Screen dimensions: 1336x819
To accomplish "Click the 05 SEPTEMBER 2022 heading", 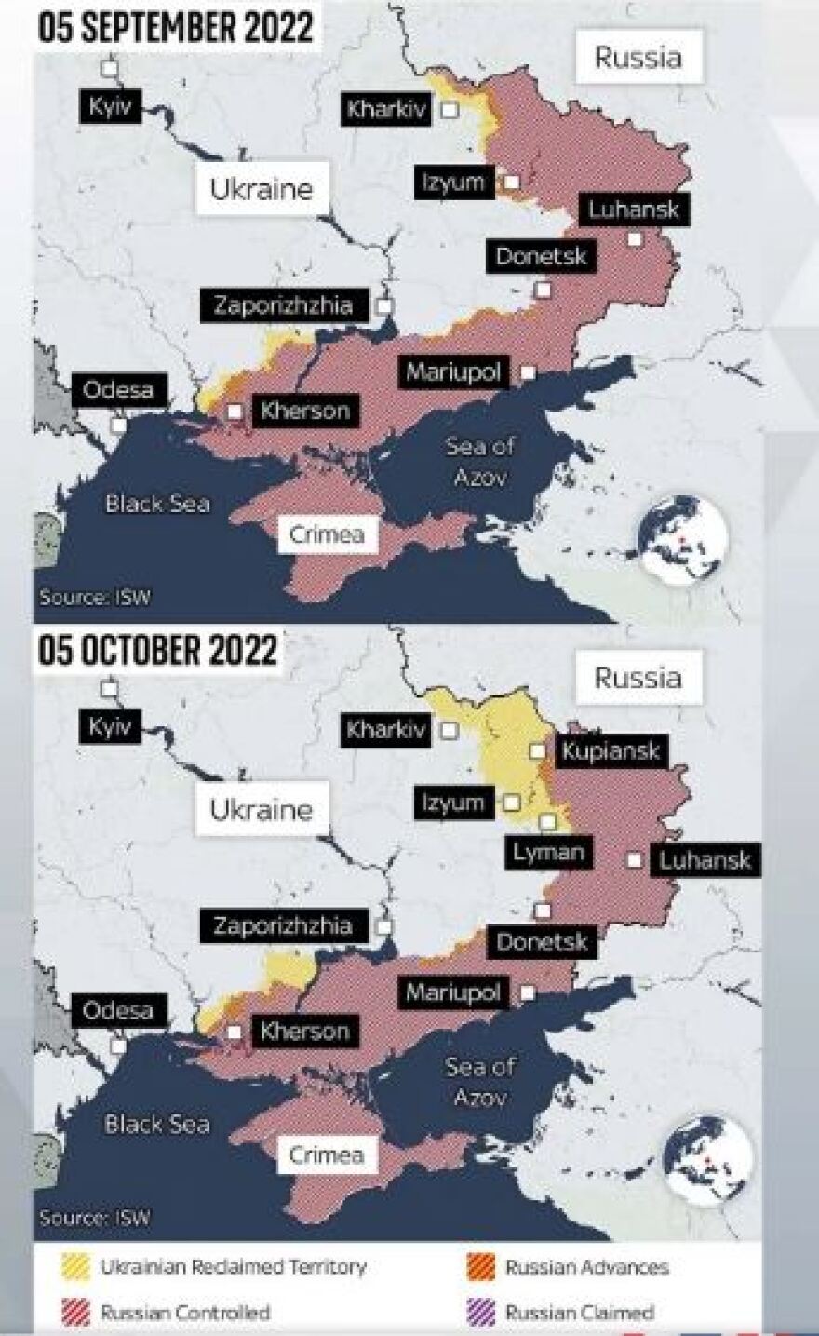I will click(x=176, y=27).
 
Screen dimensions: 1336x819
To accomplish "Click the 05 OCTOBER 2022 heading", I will click(x=158, y=650).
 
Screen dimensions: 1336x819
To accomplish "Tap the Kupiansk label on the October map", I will click(x=610, y=750).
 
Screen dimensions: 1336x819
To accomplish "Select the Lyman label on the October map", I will click(x=548, y=852).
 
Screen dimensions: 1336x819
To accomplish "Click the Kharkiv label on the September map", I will click(x=386, y=109).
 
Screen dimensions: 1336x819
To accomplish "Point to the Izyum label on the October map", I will click(x=453, y=803).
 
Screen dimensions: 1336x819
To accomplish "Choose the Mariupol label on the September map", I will click(x=453, y=372).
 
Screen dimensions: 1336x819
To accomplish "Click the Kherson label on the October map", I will click(x=304, y=1031).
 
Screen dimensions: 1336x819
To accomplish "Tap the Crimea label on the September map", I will click(x=326, y=534).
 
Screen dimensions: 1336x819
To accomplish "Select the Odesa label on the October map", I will click(x=118, y=1010).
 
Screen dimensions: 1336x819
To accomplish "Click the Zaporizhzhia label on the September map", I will click(x=283, y=305).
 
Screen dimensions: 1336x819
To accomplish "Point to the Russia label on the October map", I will click(x=638, y=677).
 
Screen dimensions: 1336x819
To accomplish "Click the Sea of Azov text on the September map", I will click(x=479, y=461).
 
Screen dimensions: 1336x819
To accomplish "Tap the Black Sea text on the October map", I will click(x=157, y=1124).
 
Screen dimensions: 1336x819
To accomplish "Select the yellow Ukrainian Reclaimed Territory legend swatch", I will click(x=75, y=1267).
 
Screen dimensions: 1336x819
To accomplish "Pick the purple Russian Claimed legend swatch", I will click(x=480, y=1313).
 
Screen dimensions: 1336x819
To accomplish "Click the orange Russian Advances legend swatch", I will click(x=480, y=1267).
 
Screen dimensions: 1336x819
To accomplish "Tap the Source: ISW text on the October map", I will click(x=94, y=1217).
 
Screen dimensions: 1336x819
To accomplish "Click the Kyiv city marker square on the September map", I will click(x=110, y=68).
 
